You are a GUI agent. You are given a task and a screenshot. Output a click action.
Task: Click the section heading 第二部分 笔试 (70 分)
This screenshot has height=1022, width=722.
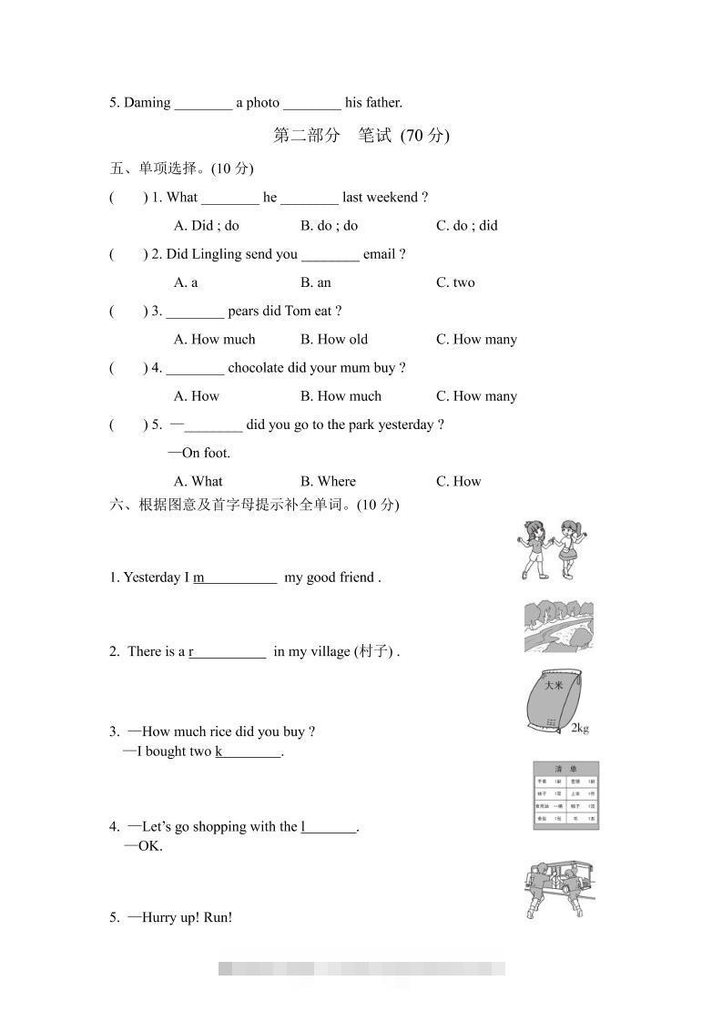coord(361,136)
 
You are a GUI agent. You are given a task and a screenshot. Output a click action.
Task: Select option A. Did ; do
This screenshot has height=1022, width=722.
coord(207,226)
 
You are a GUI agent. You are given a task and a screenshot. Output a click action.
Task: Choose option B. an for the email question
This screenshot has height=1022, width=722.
coord(316,282)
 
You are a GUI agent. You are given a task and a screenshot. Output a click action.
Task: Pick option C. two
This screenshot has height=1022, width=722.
coord(455,282)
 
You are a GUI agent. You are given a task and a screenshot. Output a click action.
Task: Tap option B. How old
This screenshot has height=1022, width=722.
coord(334,340)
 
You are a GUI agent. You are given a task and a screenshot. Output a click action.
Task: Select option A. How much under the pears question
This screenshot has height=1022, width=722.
coord(215,340)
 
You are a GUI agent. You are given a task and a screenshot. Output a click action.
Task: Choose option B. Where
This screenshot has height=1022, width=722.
coord(328,482)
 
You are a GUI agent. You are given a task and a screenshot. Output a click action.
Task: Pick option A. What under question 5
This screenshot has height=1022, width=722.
coord(198,482)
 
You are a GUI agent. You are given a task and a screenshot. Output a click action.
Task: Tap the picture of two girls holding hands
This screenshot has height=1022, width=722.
coord(551,549)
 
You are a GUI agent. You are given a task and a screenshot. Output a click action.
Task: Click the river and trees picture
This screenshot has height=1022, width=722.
coord(559,627)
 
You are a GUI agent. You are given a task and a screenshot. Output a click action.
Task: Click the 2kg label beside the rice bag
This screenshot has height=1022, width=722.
coord(580,728)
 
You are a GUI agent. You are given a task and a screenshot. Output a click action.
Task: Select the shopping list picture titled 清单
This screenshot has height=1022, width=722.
coord(565,795)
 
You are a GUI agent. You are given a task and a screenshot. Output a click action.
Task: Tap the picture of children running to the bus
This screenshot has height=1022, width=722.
coord(559,889)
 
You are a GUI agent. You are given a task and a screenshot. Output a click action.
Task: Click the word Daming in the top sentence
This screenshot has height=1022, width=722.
coord(147,103)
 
